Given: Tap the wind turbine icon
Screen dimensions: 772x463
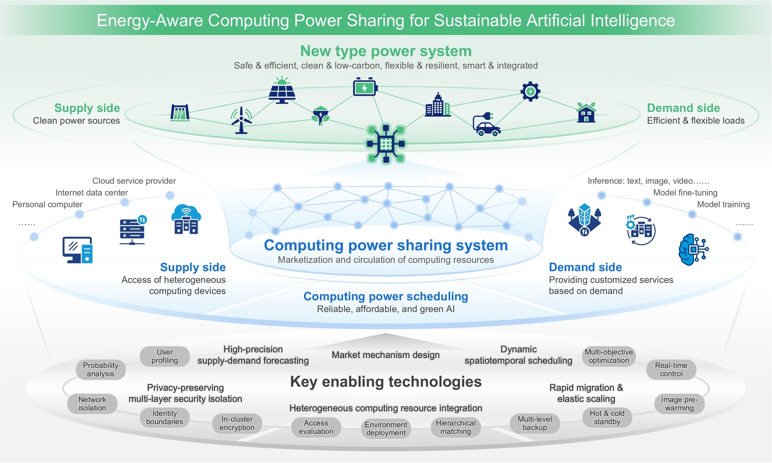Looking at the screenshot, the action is point(241,120).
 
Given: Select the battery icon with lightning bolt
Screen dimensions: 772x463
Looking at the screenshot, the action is point(365,87).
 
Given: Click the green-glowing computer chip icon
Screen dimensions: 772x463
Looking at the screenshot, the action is point(386,144).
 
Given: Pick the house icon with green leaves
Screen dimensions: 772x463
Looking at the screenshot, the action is point(586,112).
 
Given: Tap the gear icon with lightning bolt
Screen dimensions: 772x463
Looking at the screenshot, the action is point(530,91).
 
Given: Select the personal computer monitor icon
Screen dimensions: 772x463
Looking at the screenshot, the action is point(78,250).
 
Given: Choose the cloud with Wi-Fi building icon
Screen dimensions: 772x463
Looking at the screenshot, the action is point(186,219).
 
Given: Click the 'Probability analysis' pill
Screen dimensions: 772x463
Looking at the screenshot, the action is point(101,370).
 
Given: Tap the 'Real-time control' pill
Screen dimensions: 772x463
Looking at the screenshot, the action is point(671,370).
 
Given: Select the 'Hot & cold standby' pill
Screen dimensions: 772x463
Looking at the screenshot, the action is point(607,417).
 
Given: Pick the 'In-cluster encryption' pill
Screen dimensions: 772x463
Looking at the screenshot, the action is point(237,423).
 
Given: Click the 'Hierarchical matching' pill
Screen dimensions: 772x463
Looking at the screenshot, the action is point(456,427).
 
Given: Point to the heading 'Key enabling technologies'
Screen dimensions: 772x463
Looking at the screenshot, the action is point(386,382).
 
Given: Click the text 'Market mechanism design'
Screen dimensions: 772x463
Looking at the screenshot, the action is point(386,355).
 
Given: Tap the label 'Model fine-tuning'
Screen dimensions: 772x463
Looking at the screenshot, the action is point(685,192).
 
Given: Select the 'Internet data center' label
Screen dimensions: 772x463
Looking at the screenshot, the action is point(92,192).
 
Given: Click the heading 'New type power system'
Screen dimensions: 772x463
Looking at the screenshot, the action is point(386,51).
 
